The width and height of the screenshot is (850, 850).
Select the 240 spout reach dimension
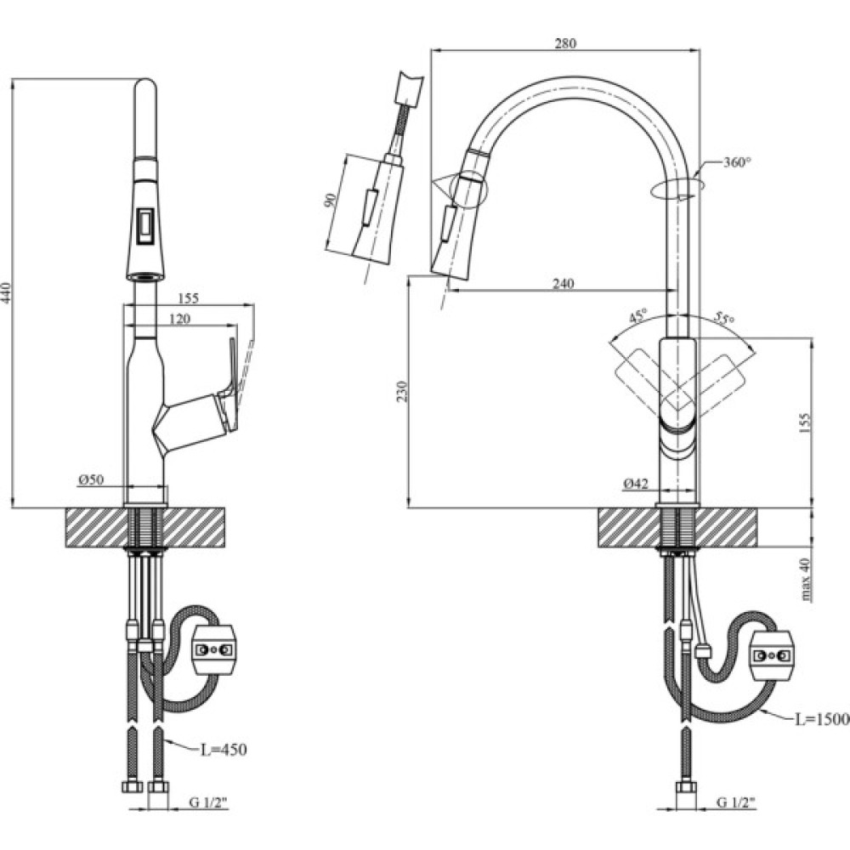tap(563, 284)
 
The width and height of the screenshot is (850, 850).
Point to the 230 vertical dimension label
tap(404, 391)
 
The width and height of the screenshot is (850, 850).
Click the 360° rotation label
tap(736, 162)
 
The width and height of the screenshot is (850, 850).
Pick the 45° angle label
tap(637, 316)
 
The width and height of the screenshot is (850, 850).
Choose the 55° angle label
tap(724, 319)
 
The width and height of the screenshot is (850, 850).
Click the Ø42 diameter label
tap(637, 483)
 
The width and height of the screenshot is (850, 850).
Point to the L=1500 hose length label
tap(821, 719)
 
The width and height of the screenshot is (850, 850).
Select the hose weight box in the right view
tap(771, 654)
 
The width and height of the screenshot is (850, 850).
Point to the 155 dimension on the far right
tap(806, 422)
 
